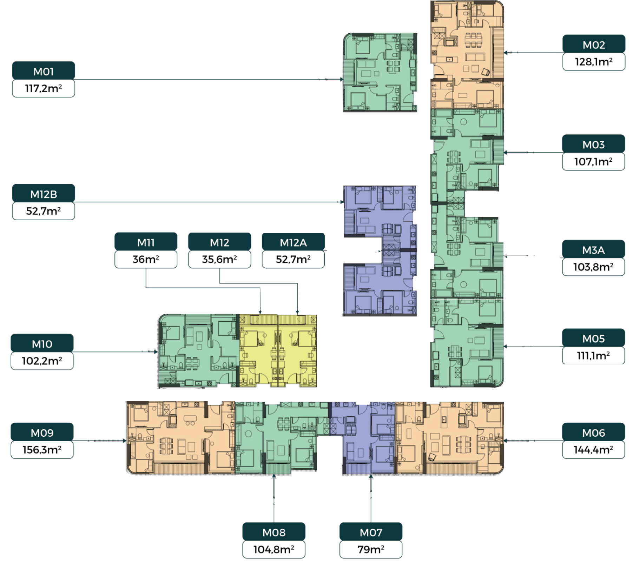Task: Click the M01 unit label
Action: (44, 71)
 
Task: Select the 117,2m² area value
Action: (44, 88)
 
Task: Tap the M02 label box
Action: (594, 45)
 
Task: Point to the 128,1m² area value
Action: (594, 62)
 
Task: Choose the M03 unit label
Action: (593, 144)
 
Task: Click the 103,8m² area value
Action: (593, 267)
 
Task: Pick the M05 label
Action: (593, 338)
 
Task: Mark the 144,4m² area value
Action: (593, 450)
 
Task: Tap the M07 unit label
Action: (371, 532)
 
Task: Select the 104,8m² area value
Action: (274, 549)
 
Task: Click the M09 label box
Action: (42, 433)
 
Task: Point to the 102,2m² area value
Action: (42, 361)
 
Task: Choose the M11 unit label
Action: (146, 242)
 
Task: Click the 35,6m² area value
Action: (219, 259)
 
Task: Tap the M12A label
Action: (293, 242)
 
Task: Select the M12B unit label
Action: (44, 194)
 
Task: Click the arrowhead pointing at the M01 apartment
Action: (342, 80)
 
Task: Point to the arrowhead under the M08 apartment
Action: (274, 476)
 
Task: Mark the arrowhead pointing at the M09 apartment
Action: (124, 441)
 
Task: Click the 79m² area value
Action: (371, 549)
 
